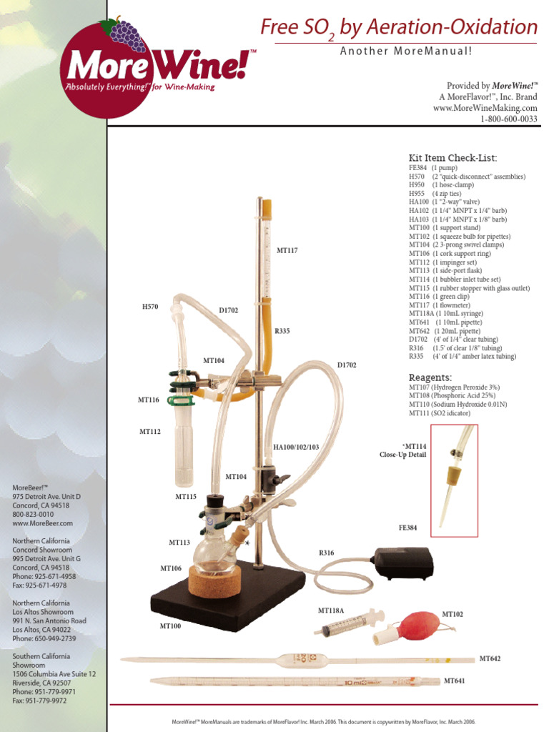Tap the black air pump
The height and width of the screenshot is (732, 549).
tap(402, 563)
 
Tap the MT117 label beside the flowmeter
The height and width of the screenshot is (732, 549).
tap(287, 251)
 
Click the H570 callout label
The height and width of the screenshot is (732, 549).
tap(150, 307)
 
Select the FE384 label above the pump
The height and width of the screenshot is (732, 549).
tap(407, 528)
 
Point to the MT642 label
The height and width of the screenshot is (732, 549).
tap(490, 658)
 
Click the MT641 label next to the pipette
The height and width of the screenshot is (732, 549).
tap(454, 681)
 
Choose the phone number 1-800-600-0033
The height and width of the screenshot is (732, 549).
tap(509, 119)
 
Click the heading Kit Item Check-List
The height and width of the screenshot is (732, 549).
tap(452, 158)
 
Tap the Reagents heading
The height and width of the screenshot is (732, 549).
tap(430, 377)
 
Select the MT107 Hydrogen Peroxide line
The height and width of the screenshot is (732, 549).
tap(454, 387)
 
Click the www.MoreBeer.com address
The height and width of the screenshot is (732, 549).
tap(42, 523)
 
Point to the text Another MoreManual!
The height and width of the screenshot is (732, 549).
tap(406, 51)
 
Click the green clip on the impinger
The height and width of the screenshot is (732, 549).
tap(179, 400)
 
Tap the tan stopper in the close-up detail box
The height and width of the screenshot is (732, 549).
tap(452, 475)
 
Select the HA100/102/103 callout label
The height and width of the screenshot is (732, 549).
tap(296, 447)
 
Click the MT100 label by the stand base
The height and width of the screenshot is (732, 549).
tap(170, 625)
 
